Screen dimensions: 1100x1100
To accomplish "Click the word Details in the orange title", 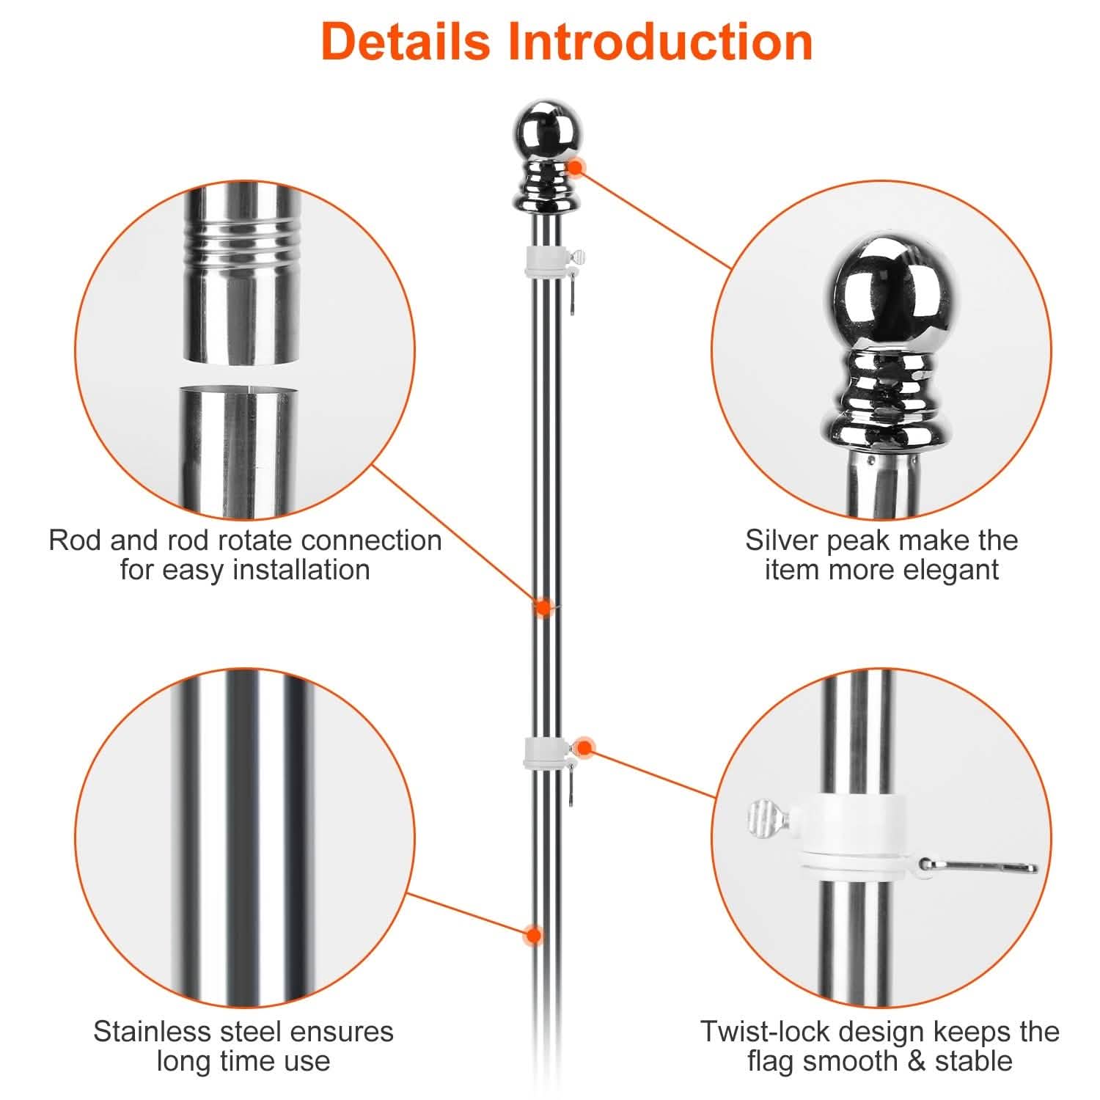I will [405, 42].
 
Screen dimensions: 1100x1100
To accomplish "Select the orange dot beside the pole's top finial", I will [576, 167].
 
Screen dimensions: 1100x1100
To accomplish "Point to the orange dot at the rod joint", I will [543, 607].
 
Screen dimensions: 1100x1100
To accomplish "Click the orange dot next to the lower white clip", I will [584, 748].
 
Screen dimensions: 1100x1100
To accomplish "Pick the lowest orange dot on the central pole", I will [534, 935].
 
